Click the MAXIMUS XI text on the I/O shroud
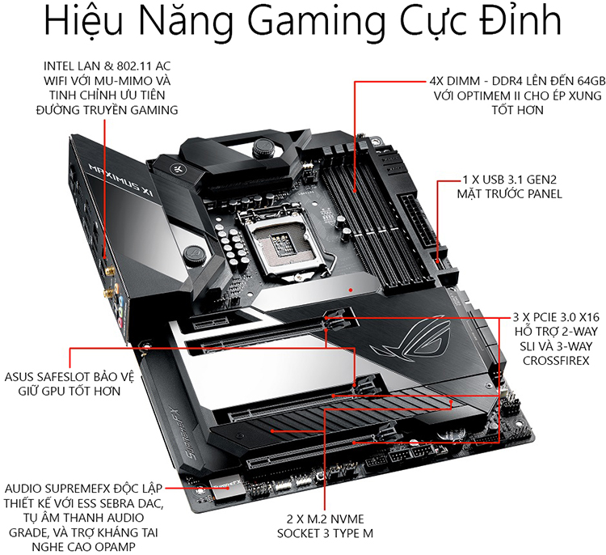121,180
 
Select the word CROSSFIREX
556,361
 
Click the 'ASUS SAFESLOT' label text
47,376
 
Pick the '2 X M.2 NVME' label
325,519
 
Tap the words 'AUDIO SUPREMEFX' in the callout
57,489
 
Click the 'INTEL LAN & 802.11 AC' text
107,66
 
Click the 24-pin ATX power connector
420,222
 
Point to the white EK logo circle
174,169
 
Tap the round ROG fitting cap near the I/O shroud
193,255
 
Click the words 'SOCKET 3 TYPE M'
325,533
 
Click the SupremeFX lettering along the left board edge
179,434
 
